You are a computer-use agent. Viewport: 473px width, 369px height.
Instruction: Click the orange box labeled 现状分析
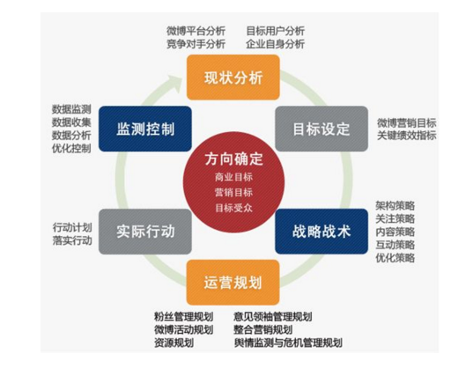(x=233, y=77)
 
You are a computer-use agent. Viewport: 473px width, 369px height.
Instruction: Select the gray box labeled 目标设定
(x=321, y=129)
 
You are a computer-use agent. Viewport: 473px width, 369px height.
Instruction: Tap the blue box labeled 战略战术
(x=321, y=232)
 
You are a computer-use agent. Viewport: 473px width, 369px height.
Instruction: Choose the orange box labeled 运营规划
(x=233, y=283)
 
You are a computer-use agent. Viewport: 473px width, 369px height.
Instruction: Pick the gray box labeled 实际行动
(x=145, y=232)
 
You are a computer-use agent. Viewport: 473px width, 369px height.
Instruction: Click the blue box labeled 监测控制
(x=145, y=129)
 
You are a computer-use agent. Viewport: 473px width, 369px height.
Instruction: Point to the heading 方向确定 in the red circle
(x=233, y=159)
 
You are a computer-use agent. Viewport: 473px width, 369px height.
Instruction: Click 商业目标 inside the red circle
(x=233, y=177)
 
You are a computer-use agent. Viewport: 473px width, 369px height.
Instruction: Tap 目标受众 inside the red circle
(x=233, y=208)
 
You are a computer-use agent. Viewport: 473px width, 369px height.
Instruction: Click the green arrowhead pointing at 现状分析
(x=174, y=83)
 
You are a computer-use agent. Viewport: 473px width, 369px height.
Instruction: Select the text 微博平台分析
(x=196, y=31)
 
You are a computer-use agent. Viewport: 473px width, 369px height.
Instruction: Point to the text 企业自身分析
(x=275, y=44)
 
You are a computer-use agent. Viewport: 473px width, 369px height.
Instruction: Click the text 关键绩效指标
(x=406, y=136)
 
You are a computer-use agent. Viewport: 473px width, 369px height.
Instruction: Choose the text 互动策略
(x=395, y=245)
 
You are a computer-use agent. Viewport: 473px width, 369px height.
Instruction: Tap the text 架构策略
(x=395, y=206)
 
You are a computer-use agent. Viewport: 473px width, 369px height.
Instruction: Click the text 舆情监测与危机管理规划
(x=288, y=343)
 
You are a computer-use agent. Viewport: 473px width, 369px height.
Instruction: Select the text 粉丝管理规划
(x=184, y=316)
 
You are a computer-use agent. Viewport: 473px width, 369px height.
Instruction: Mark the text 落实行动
(x=72, y=240)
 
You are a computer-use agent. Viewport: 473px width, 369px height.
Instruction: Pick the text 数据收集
(x=71, y=122)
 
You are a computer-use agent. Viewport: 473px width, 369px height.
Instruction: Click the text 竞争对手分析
(x=196, y=44)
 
